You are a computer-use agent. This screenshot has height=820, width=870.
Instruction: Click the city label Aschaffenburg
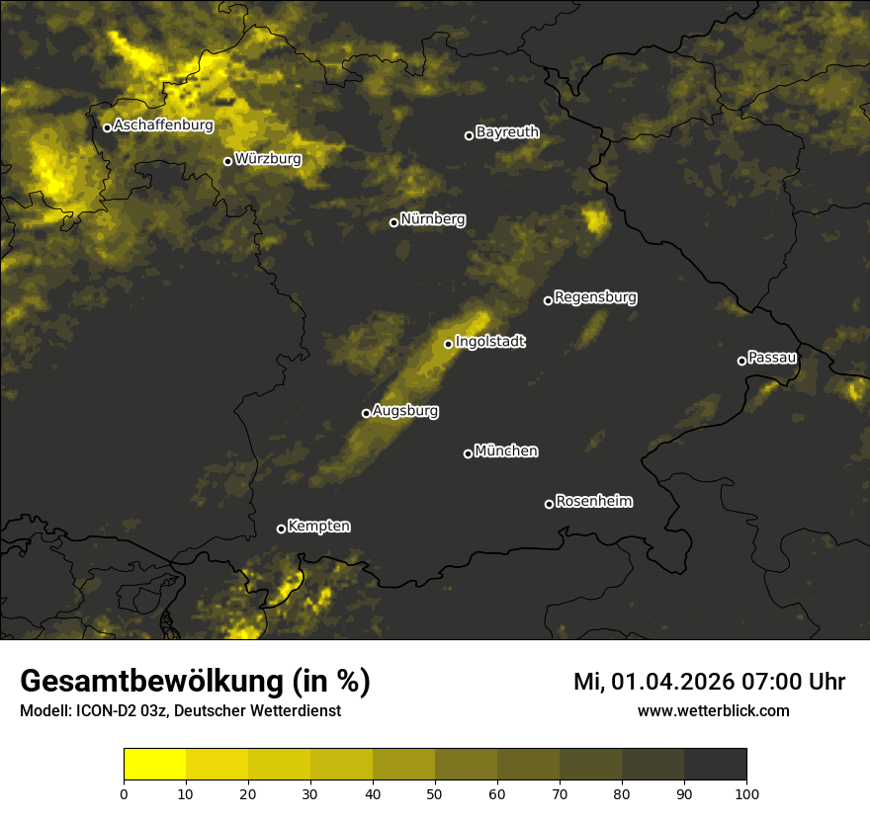(163, 125)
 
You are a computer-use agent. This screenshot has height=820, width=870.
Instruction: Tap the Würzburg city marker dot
(227, 161)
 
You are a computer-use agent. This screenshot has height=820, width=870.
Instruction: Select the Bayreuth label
(507, 131)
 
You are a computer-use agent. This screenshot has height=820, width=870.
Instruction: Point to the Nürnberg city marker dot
(393, 222)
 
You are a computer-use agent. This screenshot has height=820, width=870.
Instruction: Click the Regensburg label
(595, 296)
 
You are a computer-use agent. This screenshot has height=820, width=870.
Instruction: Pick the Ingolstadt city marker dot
(448, 344)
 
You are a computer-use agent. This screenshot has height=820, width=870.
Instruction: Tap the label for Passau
(772, 357)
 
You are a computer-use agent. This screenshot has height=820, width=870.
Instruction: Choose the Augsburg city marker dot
(366, 413)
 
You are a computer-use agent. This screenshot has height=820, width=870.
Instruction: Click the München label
(506, 451)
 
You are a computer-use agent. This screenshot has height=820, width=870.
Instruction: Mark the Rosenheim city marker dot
(549, 505)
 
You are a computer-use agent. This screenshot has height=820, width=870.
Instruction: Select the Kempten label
(318, 526)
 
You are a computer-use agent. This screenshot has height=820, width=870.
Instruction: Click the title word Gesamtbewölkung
(146, 682)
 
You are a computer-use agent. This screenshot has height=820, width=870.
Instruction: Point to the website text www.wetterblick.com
(714, 710)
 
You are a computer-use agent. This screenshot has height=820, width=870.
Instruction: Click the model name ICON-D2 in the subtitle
(106, 710)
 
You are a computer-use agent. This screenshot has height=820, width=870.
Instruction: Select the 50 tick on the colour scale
(435, 792)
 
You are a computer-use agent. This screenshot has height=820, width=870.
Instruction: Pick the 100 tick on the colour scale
(746, 792)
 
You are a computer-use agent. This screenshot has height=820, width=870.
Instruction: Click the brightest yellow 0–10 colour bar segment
(155, 765)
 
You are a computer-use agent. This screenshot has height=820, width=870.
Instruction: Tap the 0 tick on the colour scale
(124, 792)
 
